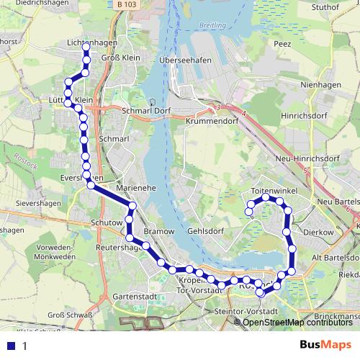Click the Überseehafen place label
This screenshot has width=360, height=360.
186,60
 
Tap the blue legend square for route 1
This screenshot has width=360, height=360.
9,346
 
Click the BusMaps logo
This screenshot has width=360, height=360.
325,345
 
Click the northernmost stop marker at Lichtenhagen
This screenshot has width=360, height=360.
86,47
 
